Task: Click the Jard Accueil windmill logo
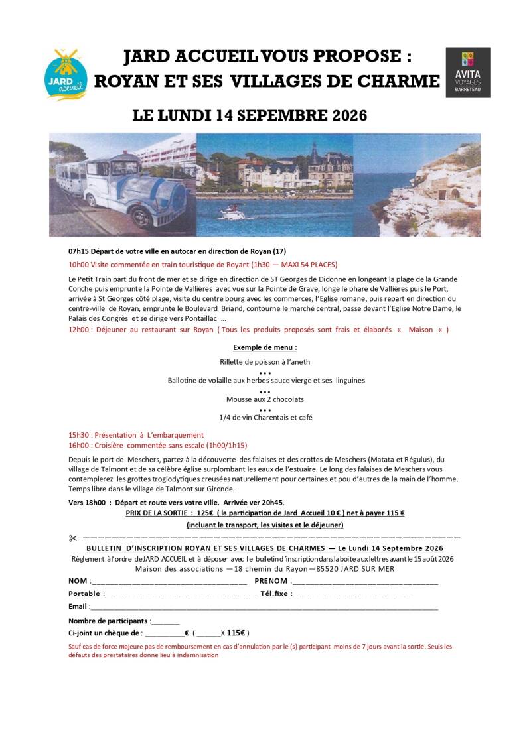coord(66,74)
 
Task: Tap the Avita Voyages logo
coord(468,72)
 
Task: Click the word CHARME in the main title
coord(399,81)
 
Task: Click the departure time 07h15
coord(79,251)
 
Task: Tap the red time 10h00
coord(79,264)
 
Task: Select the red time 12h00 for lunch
coord(79,330)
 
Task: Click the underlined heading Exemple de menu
coord(265,347)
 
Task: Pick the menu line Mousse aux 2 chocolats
coord(265,399)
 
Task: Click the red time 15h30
coord(79,435)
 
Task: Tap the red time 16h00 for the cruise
coord(79,446)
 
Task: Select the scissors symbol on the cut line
coord(73,538)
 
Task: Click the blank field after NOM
coord(169,582)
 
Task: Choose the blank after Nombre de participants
coord(166,622)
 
